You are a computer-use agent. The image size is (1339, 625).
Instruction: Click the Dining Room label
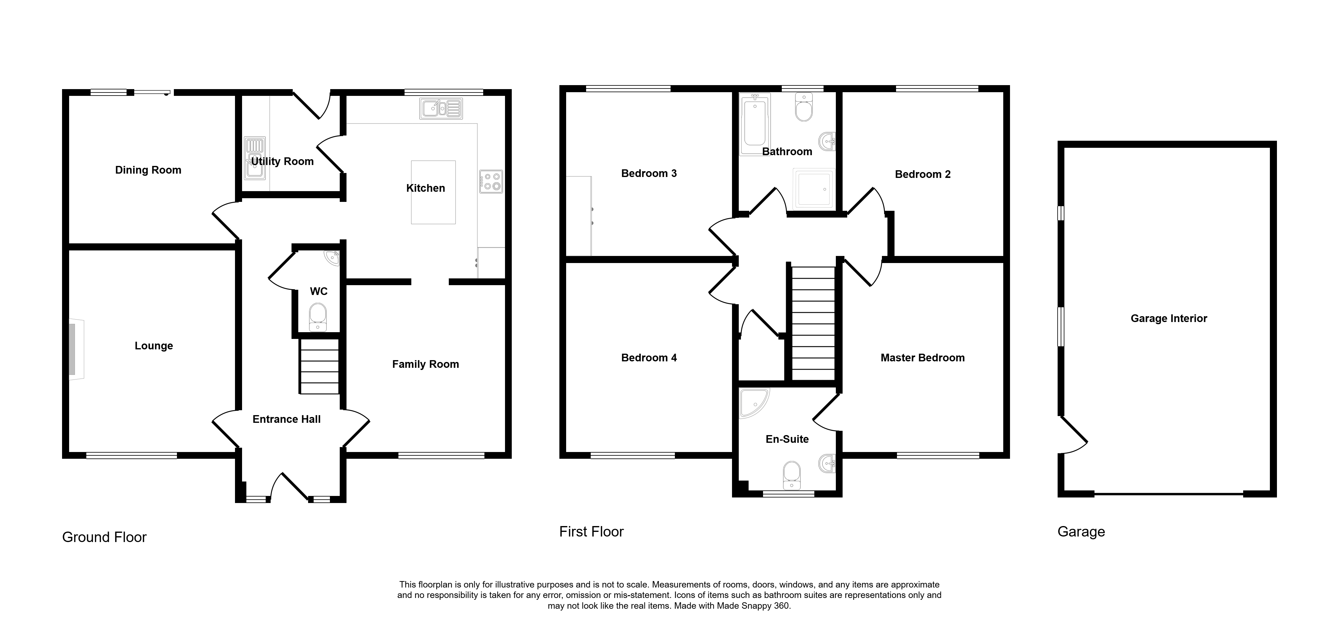click(148, 170)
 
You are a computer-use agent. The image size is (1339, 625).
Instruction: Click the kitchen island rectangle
click(433, 192)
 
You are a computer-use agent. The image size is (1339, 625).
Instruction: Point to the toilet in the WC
click(318, 317)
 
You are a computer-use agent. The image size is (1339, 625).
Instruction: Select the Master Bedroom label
click(923, 358)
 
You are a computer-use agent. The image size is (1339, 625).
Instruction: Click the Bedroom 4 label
click(649, 358)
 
